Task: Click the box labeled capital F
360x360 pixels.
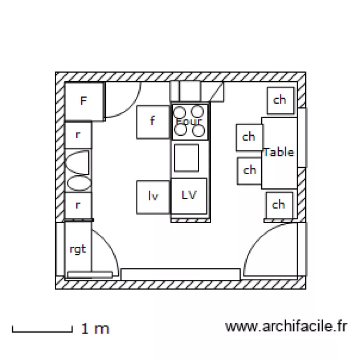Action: [x=84, y=101]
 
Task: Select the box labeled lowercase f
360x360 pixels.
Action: [x=153, y=122]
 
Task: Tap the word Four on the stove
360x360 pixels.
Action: [x=189, y=121]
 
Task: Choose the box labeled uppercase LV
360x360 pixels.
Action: [x=190, y=195]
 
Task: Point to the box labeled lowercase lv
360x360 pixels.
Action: [x=153, y=196]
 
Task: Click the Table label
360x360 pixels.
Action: [x=278, y=152]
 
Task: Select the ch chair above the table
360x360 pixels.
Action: [x=279, y=100]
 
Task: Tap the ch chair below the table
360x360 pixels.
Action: [x=279, y=205]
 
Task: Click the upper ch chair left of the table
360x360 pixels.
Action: [x=249, y=137]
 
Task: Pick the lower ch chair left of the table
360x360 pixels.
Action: [x=250, y=170]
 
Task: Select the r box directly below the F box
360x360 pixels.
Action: [x=78, y=135]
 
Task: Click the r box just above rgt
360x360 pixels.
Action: [x=78, y=205]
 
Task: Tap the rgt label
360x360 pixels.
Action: [x=78, y=249]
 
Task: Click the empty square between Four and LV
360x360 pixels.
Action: [x=186, y=157]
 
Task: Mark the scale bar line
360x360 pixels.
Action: [x=42, y=330]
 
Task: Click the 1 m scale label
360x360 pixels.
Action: [x=96, y=329]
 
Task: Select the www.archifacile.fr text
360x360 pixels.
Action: [x=286, y=327]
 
